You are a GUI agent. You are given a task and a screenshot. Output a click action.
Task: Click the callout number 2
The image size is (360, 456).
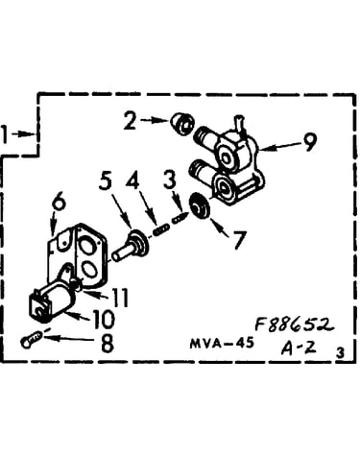tap(131, 120)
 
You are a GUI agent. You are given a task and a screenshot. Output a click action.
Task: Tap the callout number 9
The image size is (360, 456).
tap(309, 142)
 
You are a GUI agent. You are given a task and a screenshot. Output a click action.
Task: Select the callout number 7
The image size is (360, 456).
tap(239, 239)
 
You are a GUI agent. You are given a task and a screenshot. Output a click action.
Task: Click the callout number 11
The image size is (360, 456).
tap(119, 298)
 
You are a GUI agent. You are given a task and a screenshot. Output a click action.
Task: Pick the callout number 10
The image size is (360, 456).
tap(103, 319)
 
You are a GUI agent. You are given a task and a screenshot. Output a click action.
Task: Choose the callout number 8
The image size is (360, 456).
tap(108, 343)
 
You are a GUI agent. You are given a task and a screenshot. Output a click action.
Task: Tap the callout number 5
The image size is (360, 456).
tap(106, 180)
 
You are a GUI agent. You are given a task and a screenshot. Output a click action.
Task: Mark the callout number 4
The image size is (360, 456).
tap(132, 181)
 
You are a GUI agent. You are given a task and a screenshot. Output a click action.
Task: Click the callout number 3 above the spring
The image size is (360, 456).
tap(170, 180)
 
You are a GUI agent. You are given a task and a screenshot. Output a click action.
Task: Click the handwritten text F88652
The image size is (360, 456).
tap(294, 324)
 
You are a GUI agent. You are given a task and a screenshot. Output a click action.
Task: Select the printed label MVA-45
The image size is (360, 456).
tap(222, 344)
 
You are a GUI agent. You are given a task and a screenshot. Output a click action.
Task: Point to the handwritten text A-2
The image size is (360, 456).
tap(299, 348)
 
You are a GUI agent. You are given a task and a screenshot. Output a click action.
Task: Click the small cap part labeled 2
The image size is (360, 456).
tap(181, 123)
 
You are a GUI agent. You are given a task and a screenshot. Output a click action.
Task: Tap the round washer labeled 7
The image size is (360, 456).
tap(200, 206)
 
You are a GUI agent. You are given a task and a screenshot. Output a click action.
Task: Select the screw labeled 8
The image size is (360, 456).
tap(31, 339)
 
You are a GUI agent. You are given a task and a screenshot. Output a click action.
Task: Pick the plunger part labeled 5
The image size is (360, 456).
tap(131, 247)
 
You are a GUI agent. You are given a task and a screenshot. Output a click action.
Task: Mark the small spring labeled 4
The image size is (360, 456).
tap(160, 229)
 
